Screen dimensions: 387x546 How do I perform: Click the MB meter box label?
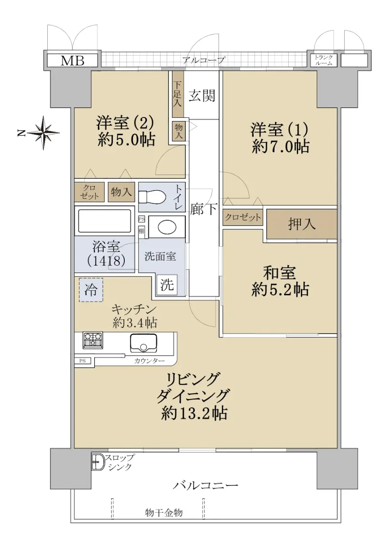point(72,61)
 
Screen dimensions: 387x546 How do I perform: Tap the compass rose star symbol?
point(44,133)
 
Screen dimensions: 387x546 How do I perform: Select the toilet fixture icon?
point(152,196)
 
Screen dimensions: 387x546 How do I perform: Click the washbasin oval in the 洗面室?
point(167,227)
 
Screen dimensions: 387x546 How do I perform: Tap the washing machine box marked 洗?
point(167,284)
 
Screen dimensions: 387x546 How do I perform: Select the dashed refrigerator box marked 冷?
point(91,290)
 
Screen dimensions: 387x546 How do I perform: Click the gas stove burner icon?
point(93,339)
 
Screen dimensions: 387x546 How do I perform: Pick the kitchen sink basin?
point(143,343)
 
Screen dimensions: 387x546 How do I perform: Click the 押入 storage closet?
point(302,224)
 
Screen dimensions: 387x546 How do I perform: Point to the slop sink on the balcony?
point(98,460)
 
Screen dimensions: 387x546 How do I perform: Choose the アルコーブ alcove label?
point(204,60)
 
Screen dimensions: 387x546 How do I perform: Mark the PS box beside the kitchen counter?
point(82,361)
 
